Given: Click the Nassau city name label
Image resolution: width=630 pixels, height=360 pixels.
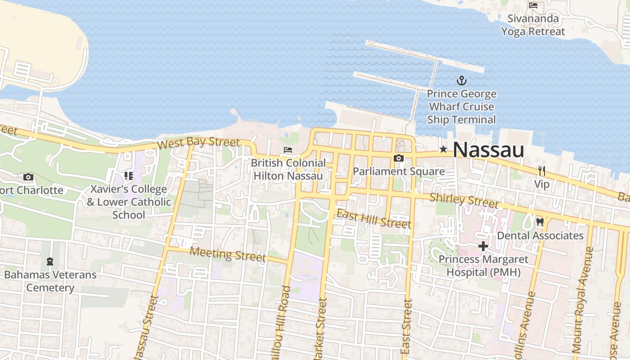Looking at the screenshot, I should tap(488, 150).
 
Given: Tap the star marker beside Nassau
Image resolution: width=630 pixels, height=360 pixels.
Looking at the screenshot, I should tap(443, 149).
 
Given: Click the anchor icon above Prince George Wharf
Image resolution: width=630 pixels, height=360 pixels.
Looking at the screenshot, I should tap(461, 81).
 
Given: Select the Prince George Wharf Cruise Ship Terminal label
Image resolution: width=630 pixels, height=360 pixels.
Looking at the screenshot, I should tap(461, 107).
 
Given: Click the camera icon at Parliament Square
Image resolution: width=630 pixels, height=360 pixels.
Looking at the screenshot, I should tap(398, 158).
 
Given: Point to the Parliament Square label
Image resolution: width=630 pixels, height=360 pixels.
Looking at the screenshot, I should tap(398, 171).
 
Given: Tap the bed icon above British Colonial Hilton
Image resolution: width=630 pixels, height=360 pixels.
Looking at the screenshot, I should tap(288, 149).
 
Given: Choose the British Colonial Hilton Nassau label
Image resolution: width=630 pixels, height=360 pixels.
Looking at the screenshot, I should tap(288, 169).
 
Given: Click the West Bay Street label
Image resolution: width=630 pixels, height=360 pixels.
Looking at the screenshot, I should tap(198, 144).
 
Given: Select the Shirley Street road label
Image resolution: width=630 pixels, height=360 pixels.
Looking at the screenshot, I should tap(464, 200).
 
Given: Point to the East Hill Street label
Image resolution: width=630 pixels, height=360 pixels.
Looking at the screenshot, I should tap(373, 219).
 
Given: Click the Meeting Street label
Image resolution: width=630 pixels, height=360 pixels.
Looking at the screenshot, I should tap(227, 254).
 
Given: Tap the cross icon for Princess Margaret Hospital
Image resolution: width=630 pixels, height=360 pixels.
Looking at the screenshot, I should tap(483, 246).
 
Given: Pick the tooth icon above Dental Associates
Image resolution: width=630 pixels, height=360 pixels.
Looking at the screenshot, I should tap(540, 222).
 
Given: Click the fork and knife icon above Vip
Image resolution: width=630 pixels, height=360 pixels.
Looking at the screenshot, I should tap(542, 171).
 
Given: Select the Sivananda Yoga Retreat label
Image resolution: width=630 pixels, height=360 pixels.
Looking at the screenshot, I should tap(533, 25).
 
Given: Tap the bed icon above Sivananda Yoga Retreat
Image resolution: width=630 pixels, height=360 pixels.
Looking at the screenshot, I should tap(533, 5).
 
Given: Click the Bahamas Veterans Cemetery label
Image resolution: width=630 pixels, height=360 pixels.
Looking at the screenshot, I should tap(50, 281).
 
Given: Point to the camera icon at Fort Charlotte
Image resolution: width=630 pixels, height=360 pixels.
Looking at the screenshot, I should tap(28, 177).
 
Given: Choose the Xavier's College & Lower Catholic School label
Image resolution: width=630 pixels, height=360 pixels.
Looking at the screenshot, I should tap(129, 202).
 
